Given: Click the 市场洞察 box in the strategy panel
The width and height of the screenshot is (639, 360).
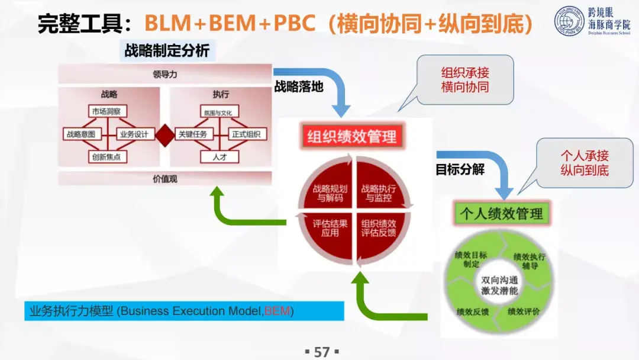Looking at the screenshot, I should (x=108, y=111).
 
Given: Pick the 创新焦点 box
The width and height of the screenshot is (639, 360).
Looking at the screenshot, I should (x=108, y=156).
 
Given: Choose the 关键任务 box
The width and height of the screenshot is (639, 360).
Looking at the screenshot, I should (x=193, y=134).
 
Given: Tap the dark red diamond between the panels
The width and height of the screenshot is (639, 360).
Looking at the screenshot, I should (x=164, y=134).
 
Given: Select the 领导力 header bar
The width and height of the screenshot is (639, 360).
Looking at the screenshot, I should (x=164, y=75).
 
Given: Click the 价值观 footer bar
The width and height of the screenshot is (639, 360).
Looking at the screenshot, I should (x=164, y=178).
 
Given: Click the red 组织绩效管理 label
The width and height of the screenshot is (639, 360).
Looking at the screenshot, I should (x=351, y=137).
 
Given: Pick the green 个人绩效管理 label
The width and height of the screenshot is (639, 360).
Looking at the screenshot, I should (x=502, y=213).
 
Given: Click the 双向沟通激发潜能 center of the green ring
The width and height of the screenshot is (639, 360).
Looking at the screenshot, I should (x=499, y=285).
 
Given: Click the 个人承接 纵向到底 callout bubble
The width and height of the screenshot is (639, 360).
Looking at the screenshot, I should (x=584, y=163).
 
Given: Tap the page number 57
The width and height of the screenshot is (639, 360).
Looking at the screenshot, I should (x=321, y=352).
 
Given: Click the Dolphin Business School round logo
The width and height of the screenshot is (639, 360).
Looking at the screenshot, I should (x=569, y=21).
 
